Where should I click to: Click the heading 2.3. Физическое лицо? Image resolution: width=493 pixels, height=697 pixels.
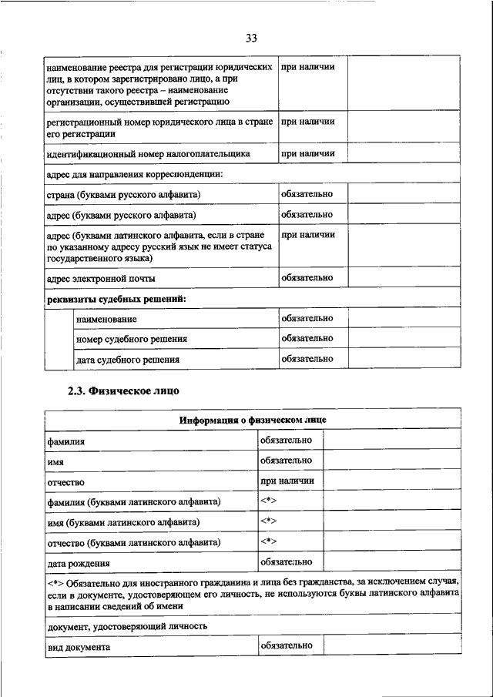(123, 391)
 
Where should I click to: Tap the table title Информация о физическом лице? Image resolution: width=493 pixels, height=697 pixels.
(253, 421)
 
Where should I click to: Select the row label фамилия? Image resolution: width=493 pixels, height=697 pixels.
(65, 442)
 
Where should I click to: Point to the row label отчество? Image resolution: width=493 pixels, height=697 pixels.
(65, 481)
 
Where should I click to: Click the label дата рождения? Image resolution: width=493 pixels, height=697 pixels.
(79, 564)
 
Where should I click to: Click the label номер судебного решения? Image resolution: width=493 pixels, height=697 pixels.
(132, 339)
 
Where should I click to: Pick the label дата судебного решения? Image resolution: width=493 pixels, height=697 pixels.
(128, 360)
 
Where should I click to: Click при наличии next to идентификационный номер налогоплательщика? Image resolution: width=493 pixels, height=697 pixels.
(307, 153)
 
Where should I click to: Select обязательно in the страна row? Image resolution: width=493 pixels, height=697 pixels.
(307, 193)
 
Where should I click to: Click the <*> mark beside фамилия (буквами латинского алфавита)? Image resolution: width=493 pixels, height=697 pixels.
(269, 501)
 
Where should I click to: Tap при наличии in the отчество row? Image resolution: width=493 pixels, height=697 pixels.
(287, 481)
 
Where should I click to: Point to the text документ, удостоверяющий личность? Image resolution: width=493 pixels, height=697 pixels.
(128, 626)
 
